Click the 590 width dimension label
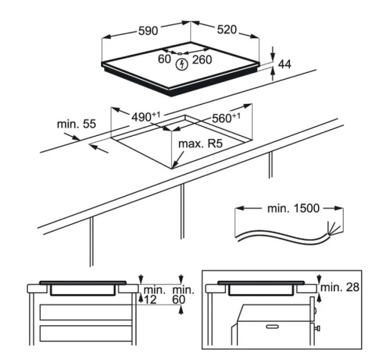[x=148, y=31]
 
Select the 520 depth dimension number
[x=227, y=30]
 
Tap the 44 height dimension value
[x=285, y=64]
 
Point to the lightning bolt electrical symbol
[x=182, y=64]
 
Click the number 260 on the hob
[x=202, y=60]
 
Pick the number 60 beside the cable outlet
[x=164, y=59]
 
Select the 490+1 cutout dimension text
[x=146, y=117]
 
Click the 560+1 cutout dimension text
[x=226, y=118]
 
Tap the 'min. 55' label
[x=76, y=124]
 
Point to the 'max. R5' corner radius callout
[x=201, y=144]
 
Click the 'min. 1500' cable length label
[x=294, y=208]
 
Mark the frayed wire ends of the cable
[x=334, y=229]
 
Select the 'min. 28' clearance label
[x=340, y=287]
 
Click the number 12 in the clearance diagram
[x=149, y=300]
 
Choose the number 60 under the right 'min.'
[x=179, y=300]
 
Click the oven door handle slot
[x=272, y=326]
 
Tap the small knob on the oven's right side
[x=318, y=328]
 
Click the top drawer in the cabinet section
[x=86, y=312]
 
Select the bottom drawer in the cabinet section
[x=86, y=333]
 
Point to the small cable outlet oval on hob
[x=180, y=53]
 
